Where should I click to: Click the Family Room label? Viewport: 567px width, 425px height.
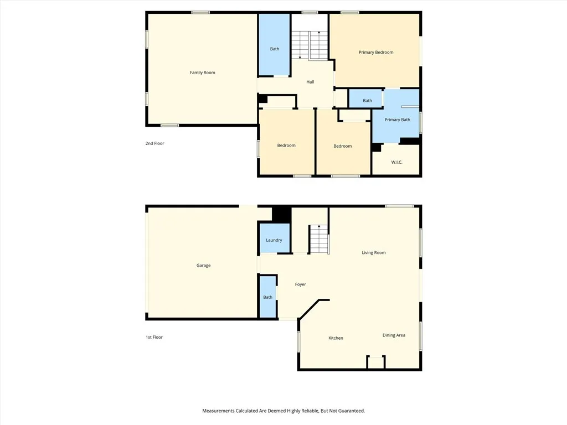[x=202, y=72]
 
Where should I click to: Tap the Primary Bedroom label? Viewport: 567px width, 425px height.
[x=376, y=53]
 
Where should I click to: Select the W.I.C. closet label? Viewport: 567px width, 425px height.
[x=396, y=162]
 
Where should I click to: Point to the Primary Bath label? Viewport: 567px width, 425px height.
[x=397, y=120]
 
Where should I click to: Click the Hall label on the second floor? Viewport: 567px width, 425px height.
[x=310, y=82]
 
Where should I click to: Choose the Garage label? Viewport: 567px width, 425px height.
[x=203, y=266]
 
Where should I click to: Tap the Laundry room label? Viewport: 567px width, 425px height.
[x=274, y=240]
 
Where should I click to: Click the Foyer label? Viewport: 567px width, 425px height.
[x=300, y=284]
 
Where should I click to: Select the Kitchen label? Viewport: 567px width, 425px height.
[x=336, y=338]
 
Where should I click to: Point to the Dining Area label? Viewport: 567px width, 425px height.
[x=394, y=335]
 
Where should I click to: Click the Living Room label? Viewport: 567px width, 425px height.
[x=374, y=253]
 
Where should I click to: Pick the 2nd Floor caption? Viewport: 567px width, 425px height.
[x=154, y=143]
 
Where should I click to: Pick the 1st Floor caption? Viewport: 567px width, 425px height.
[x=154, y=337]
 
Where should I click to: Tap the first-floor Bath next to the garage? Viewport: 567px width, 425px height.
[x=268, y=297]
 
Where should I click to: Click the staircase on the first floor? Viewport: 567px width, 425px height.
[x=318, y=239]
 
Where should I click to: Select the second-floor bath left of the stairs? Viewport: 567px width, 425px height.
[x=275, y=49]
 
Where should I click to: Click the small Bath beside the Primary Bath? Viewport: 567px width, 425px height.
[x=368, y=101]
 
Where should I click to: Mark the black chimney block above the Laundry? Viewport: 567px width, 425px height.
[x=281, y=214]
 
